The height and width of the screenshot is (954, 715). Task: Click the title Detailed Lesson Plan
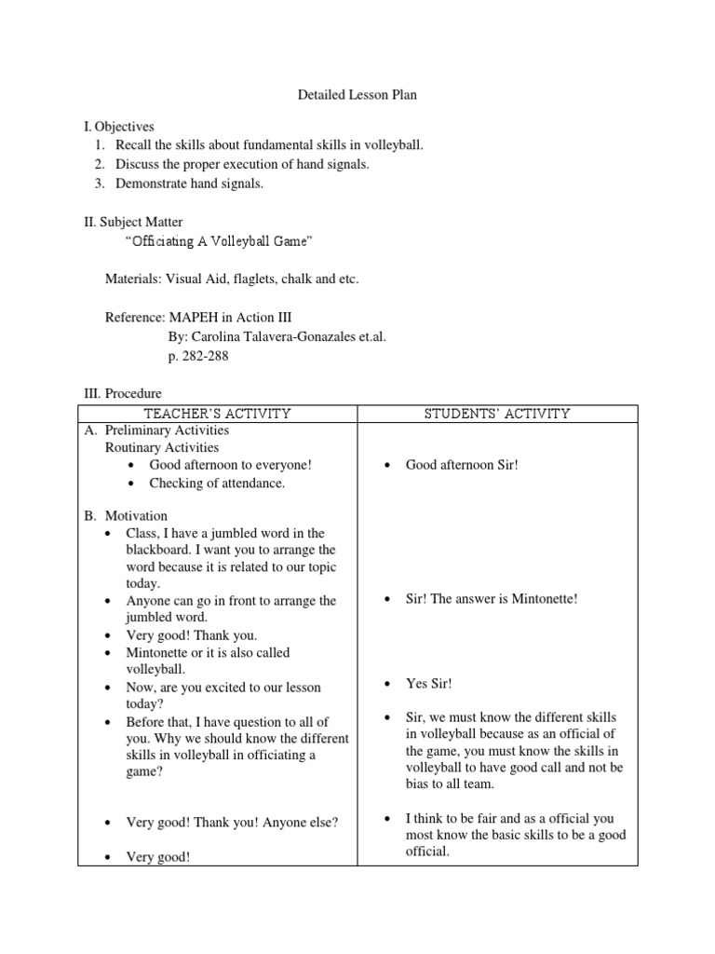357,94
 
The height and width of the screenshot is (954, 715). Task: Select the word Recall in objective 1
134,144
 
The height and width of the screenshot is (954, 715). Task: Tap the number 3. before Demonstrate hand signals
100,184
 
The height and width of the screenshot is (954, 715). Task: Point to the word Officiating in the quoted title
161,241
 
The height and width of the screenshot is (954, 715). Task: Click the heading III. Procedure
122,395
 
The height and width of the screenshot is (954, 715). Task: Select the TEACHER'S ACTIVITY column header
217,414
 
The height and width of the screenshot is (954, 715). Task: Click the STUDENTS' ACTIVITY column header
498,414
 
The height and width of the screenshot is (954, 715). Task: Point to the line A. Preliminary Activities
167,430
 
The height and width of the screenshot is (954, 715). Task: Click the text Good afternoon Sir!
461,465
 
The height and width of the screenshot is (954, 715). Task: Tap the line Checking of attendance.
217,484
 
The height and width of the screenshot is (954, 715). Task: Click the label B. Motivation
136,516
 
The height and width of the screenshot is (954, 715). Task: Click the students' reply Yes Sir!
429,684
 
